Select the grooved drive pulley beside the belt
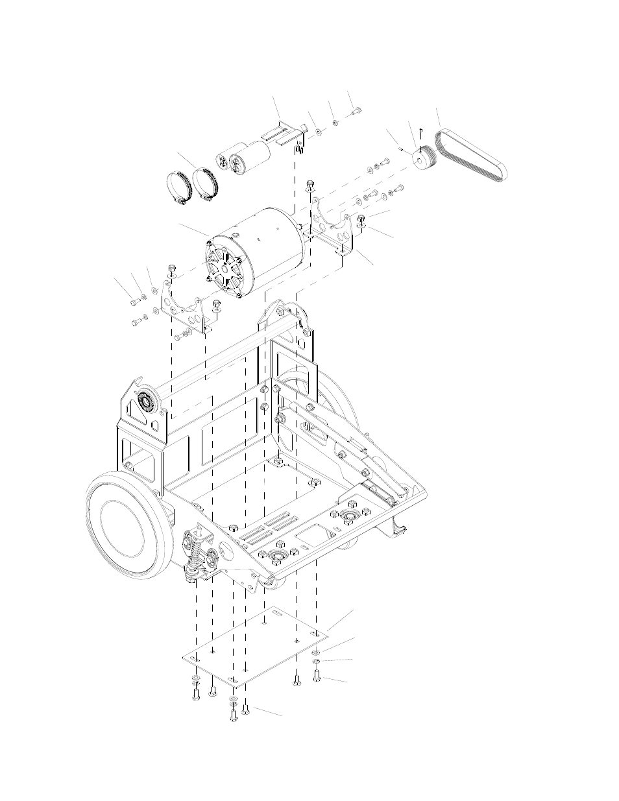coord(426,158)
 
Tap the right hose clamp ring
coord(206,184)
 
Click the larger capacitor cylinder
coord(250,158)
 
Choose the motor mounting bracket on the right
coord(332,227)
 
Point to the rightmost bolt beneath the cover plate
coord(317,677)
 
